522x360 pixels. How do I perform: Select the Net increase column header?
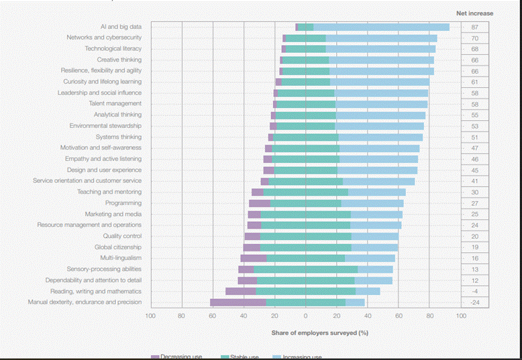475,13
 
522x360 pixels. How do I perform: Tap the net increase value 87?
475,27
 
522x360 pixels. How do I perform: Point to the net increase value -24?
475,302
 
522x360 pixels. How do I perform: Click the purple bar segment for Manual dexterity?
238,302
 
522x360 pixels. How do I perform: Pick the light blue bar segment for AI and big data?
381,27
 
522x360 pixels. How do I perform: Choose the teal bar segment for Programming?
305,203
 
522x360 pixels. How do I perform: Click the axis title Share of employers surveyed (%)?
319,333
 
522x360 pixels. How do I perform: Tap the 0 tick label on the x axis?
305,315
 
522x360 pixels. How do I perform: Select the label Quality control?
122,236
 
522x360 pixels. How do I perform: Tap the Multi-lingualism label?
121,258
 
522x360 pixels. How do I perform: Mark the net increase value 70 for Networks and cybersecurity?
475,38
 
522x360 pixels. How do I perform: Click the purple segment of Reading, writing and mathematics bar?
240,292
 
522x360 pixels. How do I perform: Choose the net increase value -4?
475,292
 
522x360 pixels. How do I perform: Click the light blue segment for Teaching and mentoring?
376,192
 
